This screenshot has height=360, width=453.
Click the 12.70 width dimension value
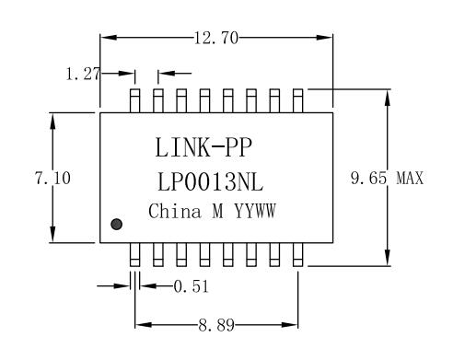[216, 39]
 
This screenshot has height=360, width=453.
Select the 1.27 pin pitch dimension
[83, 74]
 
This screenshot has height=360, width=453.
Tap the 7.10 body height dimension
[52, 178]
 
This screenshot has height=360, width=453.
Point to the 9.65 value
[368, 178]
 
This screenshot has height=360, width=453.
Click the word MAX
[410, 178]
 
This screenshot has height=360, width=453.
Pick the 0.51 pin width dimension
[191, 286]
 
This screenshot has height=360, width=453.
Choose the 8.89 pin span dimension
[216, 325]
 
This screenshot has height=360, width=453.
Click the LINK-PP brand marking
[203, 147]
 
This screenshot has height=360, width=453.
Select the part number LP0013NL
[210, 181]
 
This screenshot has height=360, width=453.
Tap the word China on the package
[175, 211]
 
